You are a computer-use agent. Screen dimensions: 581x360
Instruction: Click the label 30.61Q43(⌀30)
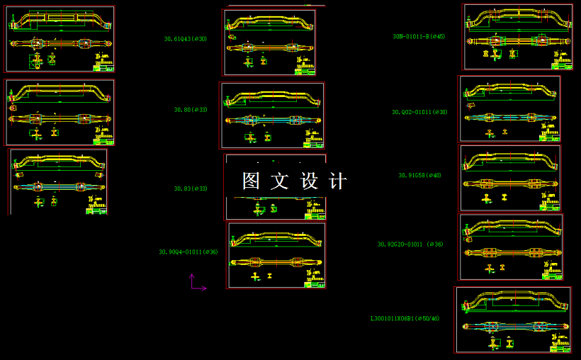coord(186,39)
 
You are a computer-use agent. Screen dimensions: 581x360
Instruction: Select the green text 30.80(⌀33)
coord(191,110)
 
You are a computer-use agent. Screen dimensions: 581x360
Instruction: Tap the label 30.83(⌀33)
coord(191,189)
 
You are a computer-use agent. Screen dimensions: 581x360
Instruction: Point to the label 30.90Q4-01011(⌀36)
coord(188,252)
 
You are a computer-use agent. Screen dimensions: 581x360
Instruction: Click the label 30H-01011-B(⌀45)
coord(419,36)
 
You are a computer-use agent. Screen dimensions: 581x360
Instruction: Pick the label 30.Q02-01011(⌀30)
coord(419,112)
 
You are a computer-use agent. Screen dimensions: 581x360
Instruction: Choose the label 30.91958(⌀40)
coord(419,175)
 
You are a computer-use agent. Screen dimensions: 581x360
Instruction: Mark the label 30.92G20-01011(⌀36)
coord(410,244)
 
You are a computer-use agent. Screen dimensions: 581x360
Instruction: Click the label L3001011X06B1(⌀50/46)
coord(405,318)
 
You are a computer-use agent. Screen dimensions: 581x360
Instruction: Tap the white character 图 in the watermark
coord(252,181)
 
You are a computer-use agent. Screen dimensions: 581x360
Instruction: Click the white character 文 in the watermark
coord(280,181)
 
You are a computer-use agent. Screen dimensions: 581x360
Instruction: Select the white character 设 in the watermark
coord(310,181)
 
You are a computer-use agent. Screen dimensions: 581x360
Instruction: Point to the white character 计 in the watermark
coord(338,181)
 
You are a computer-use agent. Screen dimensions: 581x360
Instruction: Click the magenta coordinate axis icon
coord(196,283)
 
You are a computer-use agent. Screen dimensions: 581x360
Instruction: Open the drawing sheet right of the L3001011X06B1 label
coord(513,320)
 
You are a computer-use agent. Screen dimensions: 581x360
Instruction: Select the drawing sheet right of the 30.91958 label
coord(509,178)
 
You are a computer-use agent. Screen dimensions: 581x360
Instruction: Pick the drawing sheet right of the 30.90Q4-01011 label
coord(276,255)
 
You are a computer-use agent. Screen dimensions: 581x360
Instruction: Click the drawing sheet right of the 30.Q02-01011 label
coord(509,108)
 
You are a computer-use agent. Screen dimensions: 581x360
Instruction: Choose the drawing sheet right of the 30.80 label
coord(272,116)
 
